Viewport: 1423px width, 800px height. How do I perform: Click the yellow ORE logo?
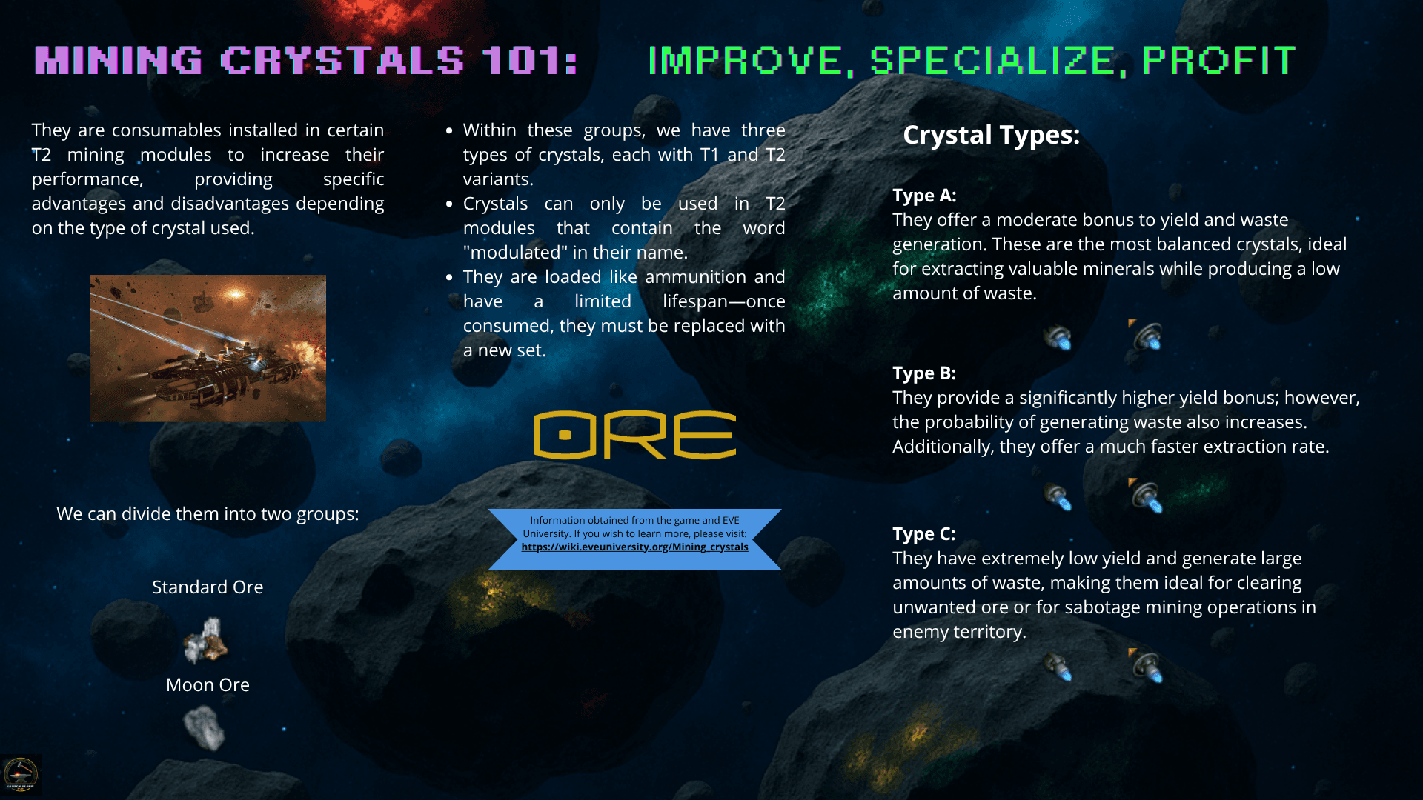(634, 435)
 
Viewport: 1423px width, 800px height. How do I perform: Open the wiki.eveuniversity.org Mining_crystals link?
(634, 547)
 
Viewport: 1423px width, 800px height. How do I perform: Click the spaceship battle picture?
(208, 348)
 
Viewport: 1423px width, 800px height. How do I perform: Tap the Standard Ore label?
(208, 587)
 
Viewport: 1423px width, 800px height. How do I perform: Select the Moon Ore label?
(208, 684)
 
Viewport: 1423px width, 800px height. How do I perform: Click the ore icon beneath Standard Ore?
(205, 641)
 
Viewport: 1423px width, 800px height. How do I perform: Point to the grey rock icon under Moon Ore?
(204, 727)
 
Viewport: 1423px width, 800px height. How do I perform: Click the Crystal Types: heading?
(991, 135)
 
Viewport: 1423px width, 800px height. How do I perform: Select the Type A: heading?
(924, 195)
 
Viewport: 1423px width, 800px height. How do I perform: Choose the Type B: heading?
(924, 373)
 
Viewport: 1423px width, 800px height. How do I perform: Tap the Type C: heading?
(924, 533)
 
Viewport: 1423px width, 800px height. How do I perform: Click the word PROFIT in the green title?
(1219, 60)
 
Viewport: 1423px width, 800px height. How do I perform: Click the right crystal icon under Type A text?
(1146, 336)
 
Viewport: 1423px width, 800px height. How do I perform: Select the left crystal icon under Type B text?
(1058, 497)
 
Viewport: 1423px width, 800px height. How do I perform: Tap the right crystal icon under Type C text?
(1146, 665)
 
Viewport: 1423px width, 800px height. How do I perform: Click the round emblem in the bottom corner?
(21, 775)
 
